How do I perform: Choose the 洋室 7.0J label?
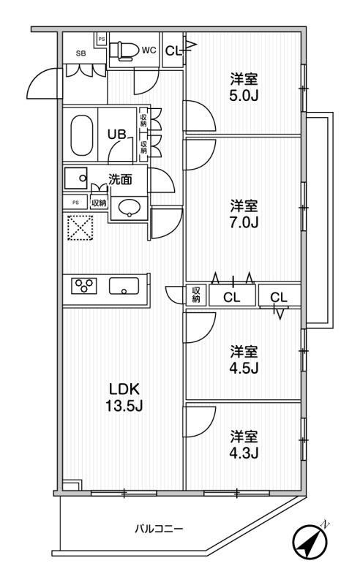(244, 214)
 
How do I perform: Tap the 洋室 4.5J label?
(244, 358)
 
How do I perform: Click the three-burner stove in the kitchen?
(84, 286)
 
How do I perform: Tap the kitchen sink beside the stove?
(124, 286)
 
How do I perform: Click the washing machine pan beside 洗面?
(76, 178)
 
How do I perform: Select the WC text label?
(149, 50)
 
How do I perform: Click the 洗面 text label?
(121, 178)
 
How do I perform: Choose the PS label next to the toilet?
(102, 38)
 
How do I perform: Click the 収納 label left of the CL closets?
(195, 295)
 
